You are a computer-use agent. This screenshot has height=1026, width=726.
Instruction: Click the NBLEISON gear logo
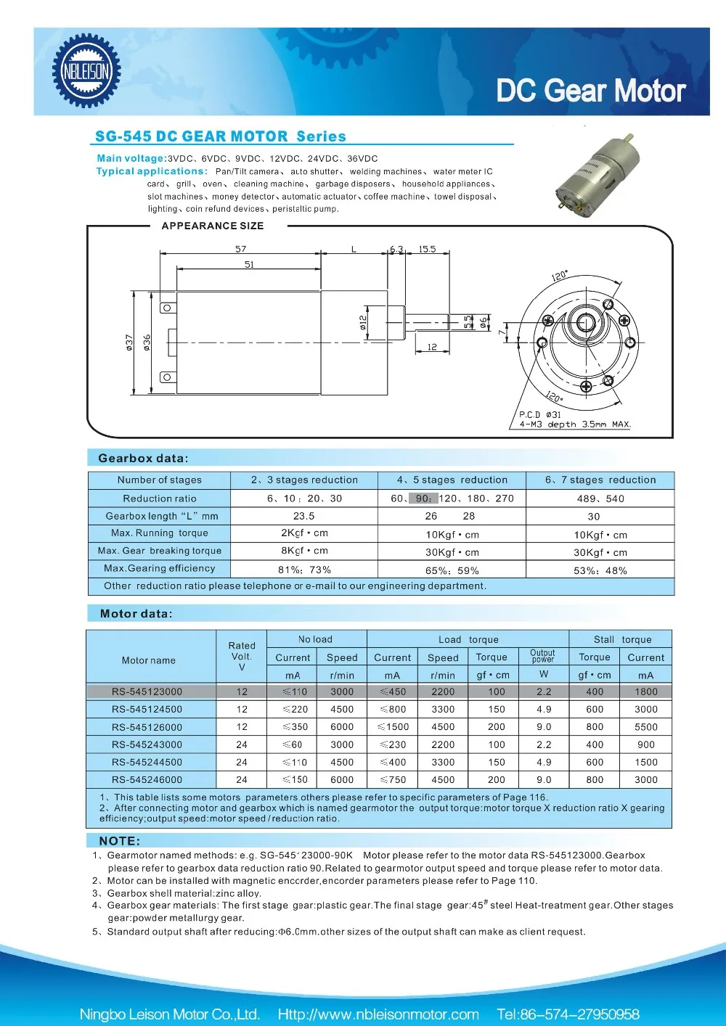coord(86,71)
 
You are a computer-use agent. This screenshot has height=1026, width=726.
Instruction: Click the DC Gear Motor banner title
coord(590,91)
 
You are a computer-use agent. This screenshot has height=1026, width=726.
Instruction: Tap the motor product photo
coord(600,171)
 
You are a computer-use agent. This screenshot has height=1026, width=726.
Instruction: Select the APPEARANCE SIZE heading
coord(212,226)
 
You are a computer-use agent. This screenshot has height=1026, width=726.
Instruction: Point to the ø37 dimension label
coord(129,342)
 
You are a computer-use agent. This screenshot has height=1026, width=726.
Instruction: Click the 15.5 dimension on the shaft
coord(427,250)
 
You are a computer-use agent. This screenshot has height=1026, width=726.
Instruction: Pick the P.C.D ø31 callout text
coord(539,414)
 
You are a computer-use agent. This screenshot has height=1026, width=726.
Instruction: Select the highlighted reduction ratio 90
coord(423,498)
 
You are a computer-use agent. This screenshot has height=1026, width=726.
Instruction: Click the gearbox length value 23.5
coord(303,516)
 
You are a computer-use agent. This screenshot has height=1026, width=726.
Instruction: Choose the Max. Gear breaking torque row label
coord(160,551)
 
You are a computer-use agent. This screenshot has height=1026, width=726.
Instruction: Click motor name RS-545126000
coord(147,727)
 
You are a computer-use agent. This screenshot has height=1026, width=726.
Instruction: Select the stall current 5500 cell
coord(645,727)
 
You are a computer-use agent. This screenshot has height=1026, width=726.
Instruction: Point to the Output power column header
coord(542,656)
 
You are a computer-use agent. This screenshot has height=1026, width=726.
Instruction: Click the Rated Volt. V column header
coord(242,656)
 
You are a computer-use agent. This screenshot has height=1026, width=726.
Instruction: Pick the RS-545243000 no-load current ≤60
coord(293,744)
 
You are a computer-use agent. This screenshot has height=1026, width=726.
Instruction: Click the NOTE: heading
coord(120,841)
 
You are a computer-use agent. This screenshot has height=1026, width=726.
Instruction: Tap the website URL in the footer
coord(378,1014)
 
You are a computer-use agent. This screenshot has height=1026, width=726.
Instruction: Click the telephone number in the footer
coord(568,1014)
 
